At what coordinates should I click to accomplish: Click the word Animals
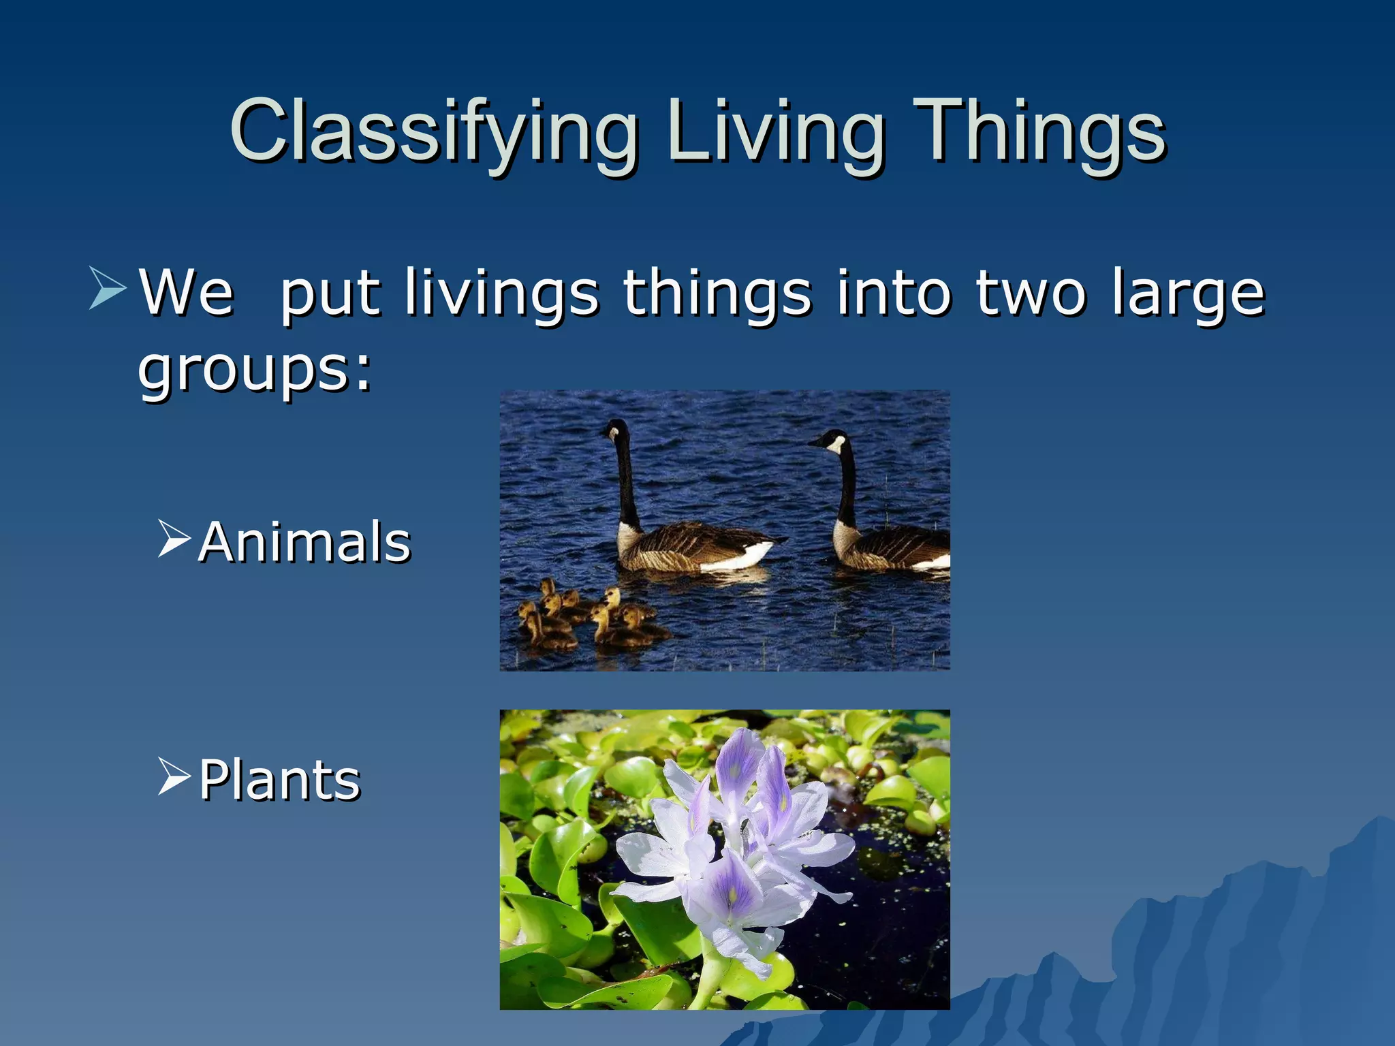pos(304,542)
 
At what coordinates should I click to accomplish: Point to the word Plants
pos(279,780)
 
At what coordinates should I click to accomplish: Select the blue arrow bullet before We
pos(108,289)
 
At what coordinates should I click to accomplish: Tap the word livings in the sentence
pos(501,293)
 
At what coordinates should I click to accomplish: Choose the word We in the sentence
pos(187,293)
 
